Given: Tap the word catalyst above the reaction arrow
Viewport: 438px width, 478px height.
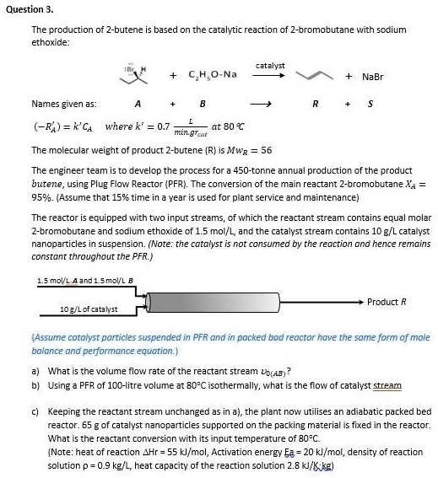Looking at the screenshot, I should pyautogui.click(x=269, y=65).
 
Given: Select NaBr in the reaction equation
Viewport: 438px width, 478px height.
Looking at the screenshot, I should pyautogui.click(x=372, y=77).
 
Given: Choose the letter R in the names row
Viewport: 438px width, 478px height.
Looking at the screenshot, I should pyautogui.click(x=316, y=105).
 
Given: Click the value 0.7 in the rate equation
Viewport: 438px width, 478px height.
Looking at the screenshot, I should pyautogui.click(x=153, y=127).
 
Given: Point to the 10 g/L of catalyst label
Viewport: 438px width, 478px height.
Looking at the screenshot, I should pyautogui.click(x=89, y=309).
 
